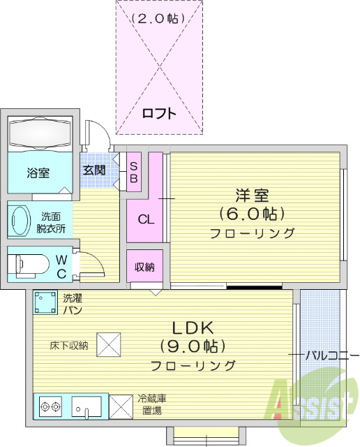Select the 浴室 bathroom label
tap(38, 173)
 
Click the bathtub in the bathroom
tap(40, 133)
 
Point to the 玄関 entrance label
tap(94, 170)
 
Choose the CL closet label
tap(145, 219)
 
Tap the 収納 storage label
tap(144, 266)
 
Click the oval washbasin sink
tap(20, 220)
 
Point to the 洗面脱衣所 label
tap(52, 222)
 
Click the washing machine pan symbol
tap(45, 302)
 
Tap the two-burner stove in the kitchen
tap(50, 406)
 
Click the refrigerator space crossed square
tap(121, 406)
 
